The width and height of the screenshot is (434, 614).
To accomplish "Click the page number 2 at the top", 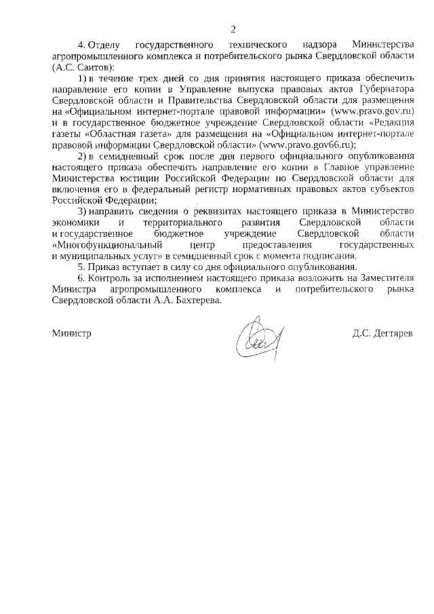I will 233,29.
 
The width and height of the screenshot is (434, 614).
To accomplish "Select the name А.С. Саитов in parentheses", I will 84,68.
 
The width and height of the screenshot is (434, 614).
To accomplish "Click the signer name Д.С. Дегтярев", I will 382,334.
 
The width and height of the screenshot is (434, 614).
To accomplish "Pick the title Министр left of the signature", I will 71,334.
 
